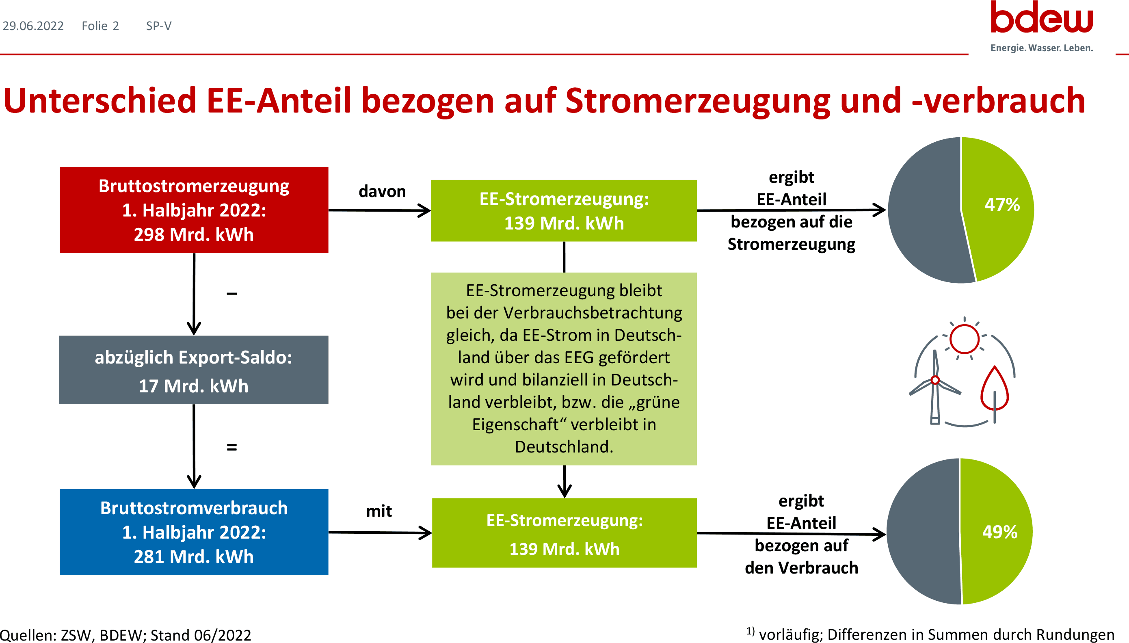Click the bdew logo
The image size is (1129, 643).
1042,26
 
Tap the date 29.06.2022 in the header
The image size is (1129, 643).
33,26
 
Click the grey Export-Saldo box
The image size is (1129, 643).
194,370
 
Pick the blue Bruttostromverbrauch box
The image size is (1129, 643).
194,532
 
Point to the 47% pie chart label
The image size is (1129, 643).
1002,204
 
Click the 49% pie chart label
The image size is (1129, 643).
999,532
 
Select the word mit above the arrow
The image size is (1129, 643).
379,511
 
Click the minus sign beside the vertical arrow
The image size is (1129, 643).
232,294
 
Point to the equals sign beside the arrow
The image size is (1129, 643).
232,447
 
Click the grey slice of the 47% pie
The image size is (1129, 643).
923,212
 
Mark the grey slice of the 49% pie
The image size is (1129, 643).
923,532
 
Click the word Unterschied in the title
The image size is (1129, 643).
100,101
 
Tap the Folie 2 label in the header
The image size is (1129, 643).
100,26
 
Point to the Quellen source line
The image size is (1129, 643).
125,635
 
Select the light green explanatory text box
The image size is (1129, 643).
564,369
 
